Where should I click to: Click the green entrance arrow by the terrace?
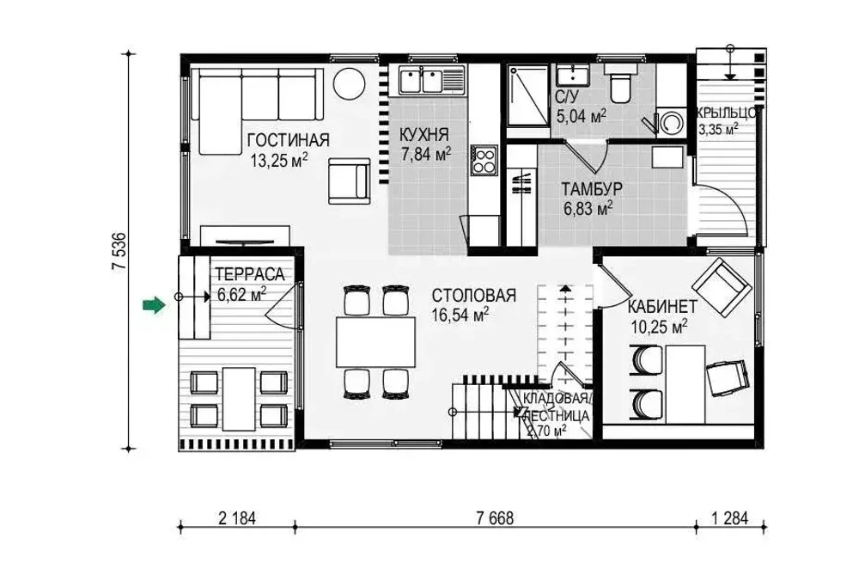pyautogui.click(x=154, y=305)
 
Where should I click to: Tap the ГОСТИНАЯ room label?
pyautogui.click(x=288, y=140)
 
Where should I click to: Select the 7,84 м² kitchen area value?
pyautogui.click(x=426, y=155)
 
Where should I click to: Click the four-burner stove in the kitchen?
pyautogui.click(x=484, y=161)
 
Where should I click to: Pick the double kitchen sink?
pyautogui.click(x=421, y=80)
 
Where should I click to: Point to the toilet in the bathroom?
pyautogui.click(x=622, y=85)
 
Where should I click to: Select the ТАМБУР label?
pyautogui.click(x=592, y=189)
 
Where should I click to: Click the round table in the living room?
pyautogui.click(x=349, y=83)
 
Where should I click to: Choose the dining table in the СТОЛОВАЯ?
pyautogui.click(x=376, y=341)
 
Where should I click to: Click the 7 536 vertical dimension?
pyautogui.click(x=120, y=251)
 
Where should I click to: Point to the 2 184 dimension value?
pyautogui.click(x=237, y=518)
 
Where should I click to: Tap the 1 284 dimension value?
pyautogui.click(x=729, y=518)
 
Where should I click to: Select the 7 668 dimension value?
pyautogui.click(x=495, y=518)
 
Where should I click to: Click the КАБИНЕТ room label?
pyautogui.click(x=661, y=306)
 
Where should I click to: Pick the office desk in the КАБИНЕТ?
pyautogui.click(x=685, y=384)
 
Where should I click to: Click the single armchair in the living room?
pyautogui.click(x=349, y=180)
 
